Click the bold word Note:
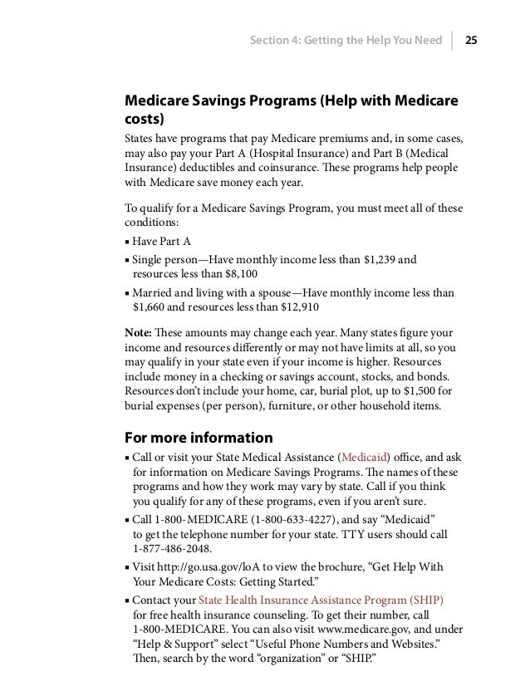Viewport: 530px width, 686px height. point(138,332)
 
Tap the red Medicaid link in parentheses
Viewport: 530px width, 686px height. point(363,457)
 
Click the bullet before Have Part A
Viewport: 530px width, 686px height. point(125,242)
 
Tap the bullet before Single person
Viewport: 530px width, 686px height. point(125,260)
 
